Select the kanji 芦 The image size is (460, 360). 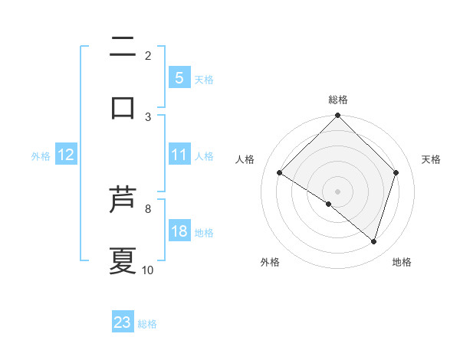123,201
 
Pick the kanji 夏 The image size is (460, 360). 123,260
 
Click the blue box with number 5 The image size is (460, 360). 179,77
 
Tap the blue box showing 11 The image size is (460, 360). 179,155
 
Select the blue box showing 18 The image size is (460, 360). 179,231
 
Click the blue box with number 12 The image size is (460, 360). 66,155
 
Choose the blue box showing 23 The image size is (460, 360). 123,322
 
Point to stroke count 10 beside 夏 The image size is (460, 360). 148,270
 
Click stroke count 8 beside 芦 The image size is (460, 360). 148,208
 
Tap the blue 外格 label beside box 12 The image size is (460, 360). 41,155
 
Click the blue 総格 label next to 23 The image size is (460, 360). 148,324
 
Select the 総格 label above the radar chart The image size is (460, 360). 338,100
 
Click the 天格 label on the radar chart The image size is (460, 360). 432,159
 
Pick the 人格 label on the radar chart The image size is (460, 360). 245,159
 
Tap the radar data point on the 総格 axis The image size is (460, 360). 338,116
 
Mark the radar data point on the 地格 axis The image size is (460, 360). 374,241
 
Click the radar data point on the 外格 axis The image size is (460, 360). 329,204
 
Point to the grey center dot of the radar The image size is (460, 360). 338,191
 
